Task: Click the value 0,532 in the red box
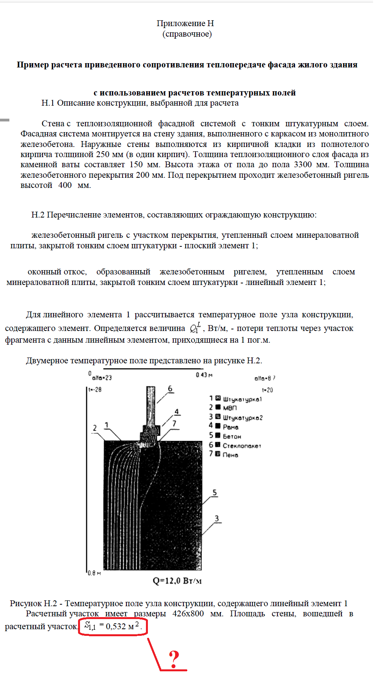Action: click(116, 626)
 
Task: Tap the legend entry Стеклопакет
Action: click(242, 446)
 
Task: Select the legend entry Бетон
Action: click(232, 436)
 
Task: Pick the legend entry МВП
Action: click(230, 408)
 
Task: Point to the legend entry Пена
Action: click(230, 455)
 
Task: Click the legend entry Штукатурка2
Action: click(242, 418)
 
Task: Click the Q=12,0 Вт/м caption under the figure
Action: click(177, 581)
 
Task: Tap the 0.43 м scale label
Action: click(204, 375)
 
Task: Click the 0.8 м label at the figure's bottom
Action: click(94, 573)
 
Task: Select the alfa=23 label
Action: click(102, 377)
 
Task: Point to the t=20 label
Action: click(267, 390)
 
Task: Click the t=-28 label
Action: click(95, 389)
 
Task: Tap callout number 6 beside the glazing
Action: click(170, 389)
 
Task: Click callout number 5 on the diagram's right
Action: click(215, 492)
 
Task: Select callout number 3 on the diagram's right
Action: click(217, 518)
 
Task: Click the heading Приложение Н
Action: click(185, 23)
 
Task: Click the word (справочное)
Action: click(187, 34)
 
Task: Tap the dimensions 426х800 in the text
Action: click(188, 614)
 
